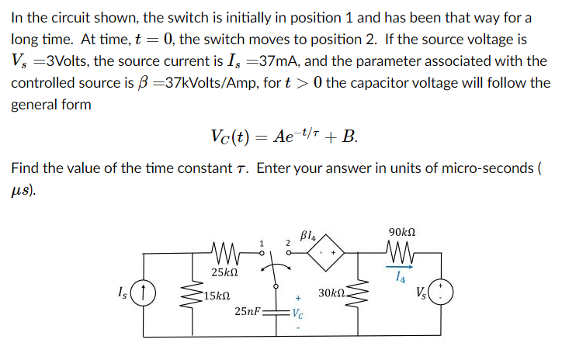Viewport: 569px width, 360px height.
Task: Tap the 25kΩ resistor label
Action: tap(224, 273)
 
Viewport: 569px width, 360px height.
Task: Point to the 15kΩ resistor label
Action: tap(214, 296)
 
